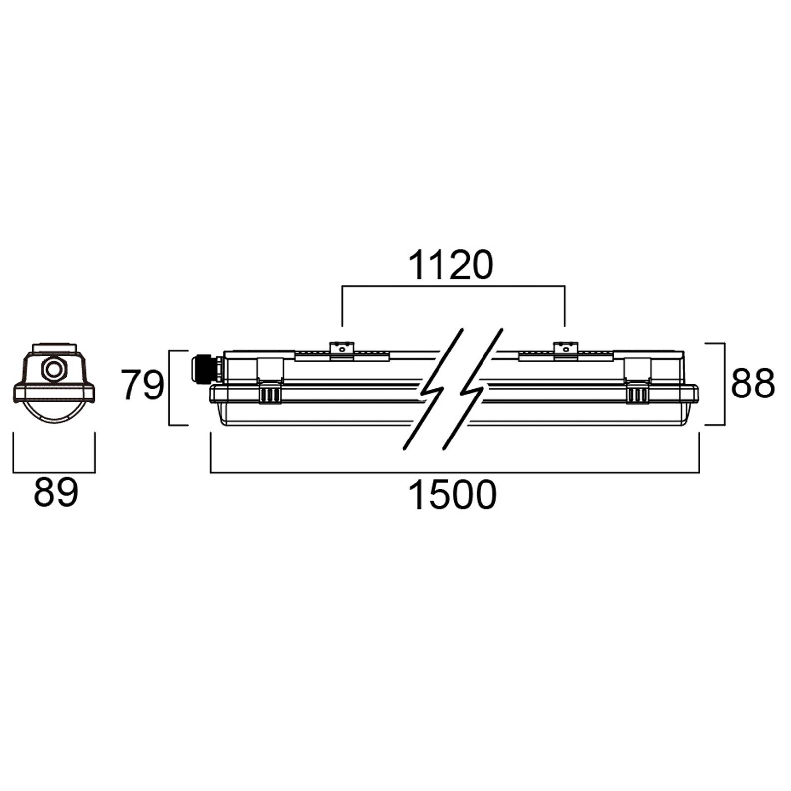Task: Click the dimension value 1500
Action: pyautogui.click(x=452, y=495)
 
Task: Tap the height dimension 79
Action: pyautogui.click(x=142, y=386)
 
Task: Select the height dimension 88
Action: pyautogui.click(x=752, y=384)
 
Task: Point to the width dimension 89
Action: pyautogui.click(x=55, y=492)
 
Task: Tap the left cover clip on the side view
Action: pyautogui.click(x=270, y=395)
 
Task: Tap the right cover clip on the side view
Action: pyautogui.click(x=638, y=395)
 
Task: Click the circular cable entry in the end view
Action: pyautogui.click(x=53, y=369)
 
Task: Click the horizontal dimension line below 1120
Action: pyautogui.click(x=453, y=286)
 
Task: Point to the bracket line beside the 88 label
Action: pyautogui.click(x=724, y=384)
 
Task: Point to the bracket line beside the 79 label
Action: pyautogui.click(x=170, y=388)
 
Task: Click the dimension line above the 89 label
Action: pyautogui.click(x=54, y=472)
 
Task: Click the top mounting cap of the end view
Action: pyautogui.click(x=54, y=348)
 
